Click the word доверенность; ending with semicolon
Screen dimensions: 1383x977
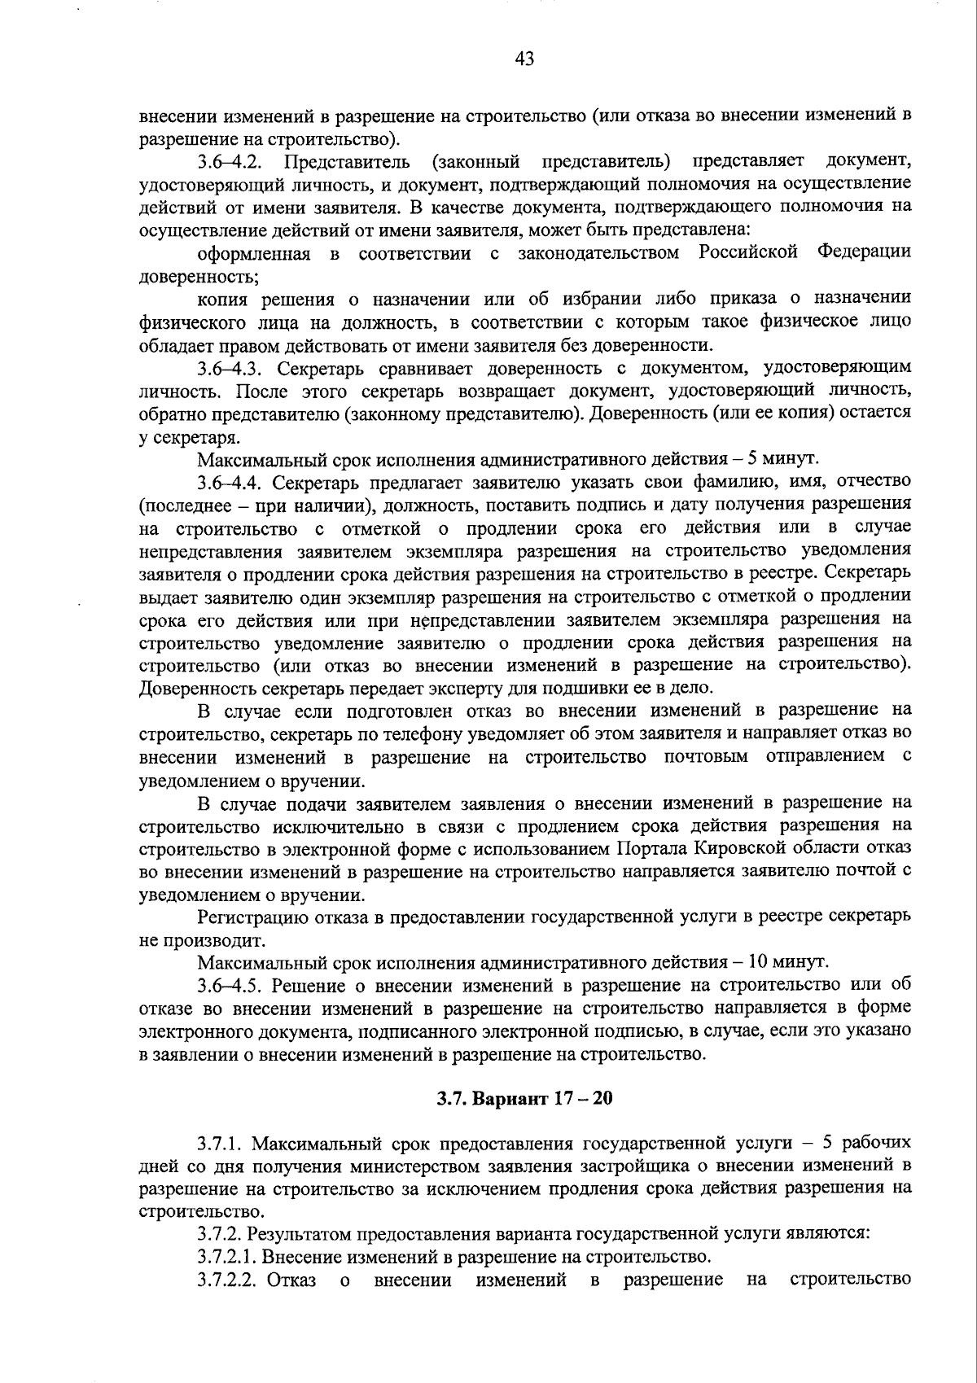[199, 276]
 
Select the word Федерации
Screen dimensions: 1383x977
[863, 252]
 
